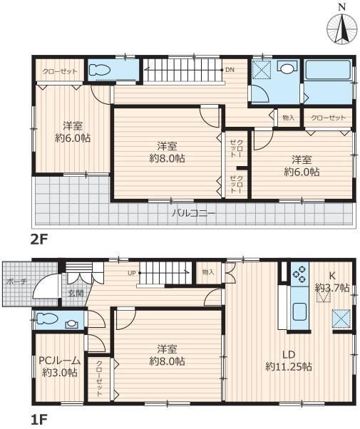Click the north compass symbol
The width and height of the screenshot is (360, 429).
[341, 25]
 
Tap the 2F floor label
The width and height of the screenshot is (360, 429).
[39, 240]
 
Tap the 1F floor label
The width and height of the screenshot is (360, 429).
[38, 419]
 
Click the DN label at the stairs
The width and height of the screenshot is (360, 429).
[230, 70]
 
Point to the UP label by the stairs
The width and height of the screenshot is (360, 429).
[132, 273]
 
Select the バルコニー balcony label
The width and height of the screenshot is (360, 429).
[194, 213]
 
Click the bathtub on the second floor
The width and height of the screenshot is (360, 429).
[328, 70]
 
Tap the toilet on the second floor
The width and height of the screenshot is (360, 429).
[100, 70]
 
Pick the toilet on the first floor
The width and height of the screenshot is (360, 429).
[47, 319]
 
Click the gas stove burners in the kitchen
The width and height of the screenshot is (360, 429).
[299, 274]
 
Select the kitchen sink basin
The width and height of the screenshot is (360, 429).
[299, 312]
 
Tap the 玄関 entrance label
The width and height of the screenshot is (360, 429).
[76, 294]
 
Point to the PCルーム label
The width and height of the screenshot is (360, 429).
[59, 361]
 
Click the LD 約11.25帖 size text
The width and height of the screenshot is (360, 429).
[289, 361]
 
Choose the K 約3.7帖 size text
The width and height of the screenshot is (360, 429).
[332, 281]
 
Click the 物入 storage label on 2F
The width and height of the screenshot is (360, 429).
[288, 118]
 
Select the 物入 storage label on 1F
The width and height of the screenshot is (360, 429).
[207, 272]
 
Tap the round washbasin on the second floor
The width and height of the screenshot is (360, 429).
[287, 68]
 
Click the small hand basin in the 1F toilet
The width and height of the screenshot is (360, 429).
[71, 324]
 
